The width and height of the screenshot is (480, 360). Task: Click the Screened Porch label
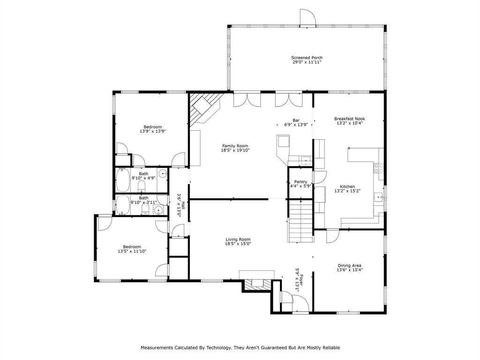click(307, 58)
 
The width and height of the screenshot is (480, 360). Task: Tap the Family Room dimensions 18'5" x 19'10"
click(235, 150)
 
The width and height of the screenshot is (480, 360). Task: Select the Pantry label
click(300, 181)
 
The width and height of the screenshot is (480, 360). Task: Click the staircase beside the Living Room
click(300, 221)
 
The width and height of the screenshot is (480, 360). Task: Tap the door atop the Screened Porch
click(308, 17)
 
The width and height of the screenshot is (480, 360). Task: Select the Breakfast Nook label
click(349, 119)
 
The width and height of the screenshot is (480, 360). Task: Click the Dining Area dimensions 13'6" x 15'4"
click(349, 270)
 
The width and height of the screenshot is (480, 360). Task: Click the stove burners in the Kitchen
click(379, 167)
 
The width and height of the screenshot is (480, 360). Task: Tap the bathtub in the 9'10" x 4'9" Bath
click(123, 180)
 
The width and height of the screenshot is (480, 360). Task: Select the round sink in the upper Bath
click(163, 173)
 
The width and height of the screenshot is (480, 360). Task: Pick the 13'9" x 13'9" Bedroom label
click(153, 127)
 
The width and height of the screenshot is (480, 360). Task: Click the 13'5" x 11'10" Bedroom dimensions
click(132, 251)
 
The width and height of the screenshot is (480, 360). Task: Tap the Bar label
click(296, 120)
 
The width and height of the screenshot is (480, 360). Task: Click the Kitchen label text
click(347, 186)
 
